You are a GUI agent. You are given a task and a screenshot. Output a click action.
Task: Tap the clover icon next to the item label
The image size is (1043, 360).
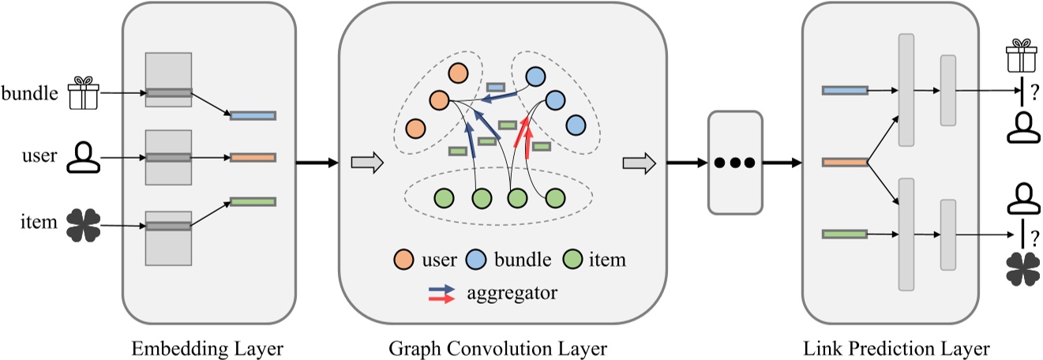tap(81, 224)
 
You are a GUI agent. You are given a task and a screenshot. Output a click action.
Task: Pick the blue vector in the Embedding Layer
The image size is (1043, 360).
tap(253, 116)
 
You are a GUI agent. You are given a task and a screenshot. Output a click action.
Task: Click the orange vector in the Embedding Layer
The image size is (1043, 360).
tap(253, 158)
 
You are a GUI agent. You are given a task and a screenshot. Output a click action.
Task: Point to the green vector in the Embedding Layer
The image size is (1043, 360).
tap(253, 202)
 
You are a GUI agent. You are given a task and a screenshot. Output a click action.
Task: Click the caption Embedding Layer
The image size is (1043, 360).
tap(208, 347)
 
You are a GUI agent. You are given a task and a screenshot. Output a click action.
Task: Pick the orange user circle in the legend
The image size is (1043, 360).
tap(403, 260)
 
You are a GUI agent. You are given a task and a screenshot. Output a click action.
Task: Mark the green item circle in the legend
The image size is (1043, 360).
tap(575, 260)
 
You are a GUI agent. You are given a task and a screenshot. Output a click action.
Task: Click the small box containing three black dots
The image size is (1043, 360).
tap(735, 163)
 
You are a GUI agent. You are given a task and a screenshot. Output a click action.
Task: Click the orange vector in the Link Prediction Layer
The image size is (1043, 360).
tap(845, 163)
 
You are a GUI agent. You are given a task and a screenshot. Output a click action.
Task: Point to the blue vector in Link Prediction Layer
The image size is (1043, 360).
tap(845, 91)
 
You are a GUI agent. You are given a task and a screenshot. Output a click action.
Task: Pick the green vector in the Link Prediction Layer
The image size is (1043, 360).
tap(845, 234)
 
